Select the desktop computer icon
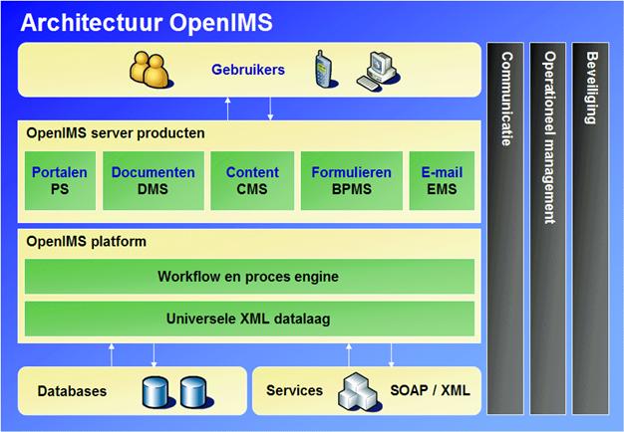tap(377, 70)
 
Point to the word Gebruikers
tap(247, 71)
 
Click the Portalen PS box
tap(59, 181)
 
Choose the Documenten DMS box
tap(153, 181)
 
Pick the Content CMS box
tap(252, 181)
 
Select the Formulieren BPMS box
tap(351, 181)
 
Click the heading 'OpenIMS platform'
tap(88, 242)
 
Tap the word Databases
tap(72, 391)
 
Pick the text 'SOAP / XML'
tap(431, 390)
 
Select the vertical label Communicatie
tap(506, 100)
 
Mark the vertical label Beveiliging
tap(592, 88)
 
